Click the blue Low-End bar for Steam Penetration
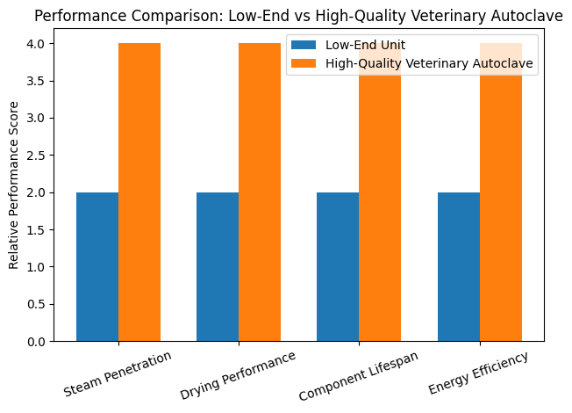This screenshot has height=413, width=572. coord(97,266)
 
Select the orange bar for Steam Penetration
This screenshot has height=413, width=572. coord(139,192)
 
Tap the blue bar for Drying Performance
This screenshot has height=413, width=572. coord(218,266)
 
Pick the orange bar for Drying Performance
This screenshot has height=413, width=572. coord(260,192)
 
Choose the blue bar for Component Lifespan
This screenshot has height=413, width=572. coord(338,266)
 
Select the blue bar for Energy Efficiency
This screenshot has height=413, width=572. coord(459,266)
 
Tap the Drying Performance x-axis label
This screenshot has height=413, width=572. coord(239,374)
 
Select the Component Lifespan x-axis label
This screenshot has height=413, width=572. coord(359,375)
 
